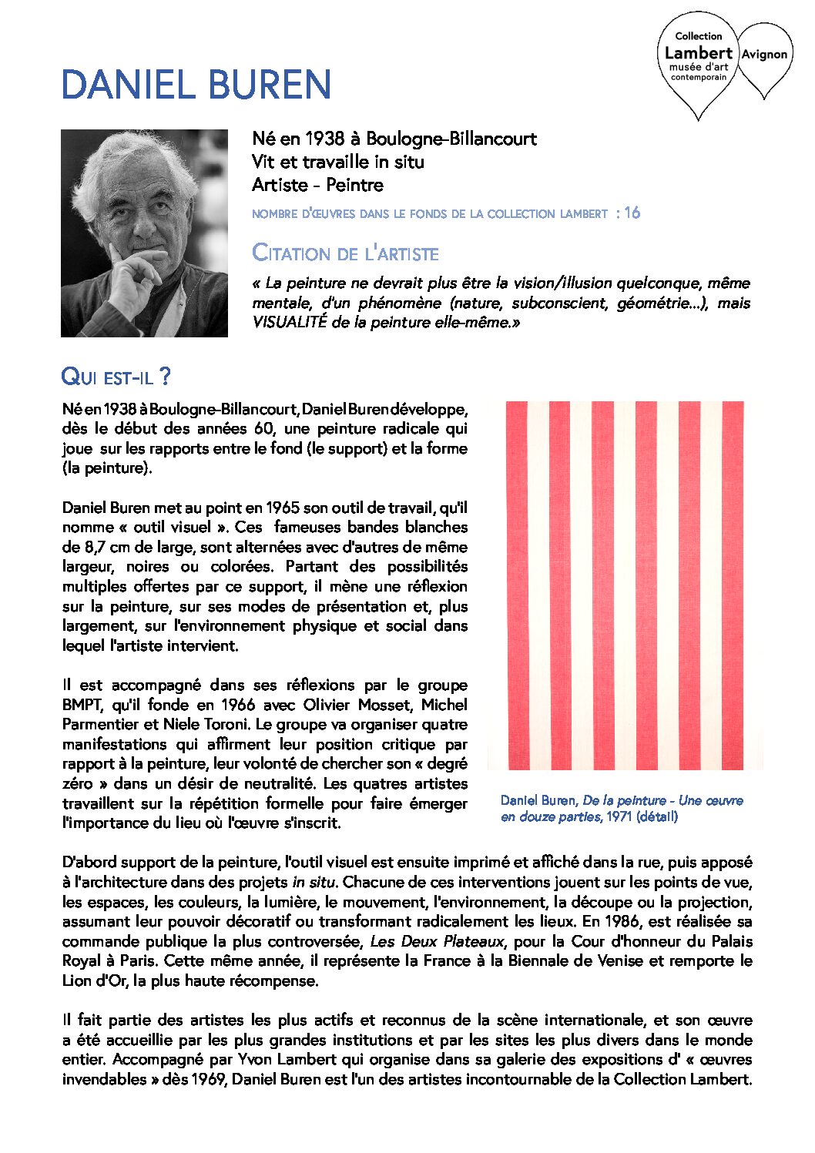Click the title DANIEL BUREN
pyautogui.click(x=196, y=85)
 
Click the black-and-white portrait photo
pyautogui.click(x=144, y=233)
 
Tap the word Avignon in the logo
pyautogui.click(x=764, y=55)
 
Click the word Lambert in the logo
pyautogui.click(x=698, y=53)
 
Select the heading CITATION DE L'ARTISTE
pyautogui.click(x=345, y=253)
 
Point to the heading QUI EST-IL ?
pyautogui.click(x=116, y=377)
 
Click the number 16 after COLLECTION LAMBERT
pyautogui.click(x=632, y=213)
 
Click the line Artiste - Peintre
pyautogui.click(x=317, y=185)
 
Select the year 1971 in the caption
pyautogui.click(x=619, y=816)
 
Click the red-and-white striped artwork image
pyautogui.click(x=625, y=585)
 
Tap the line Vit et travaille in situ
pyautogui.click(x=337, y=162)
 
